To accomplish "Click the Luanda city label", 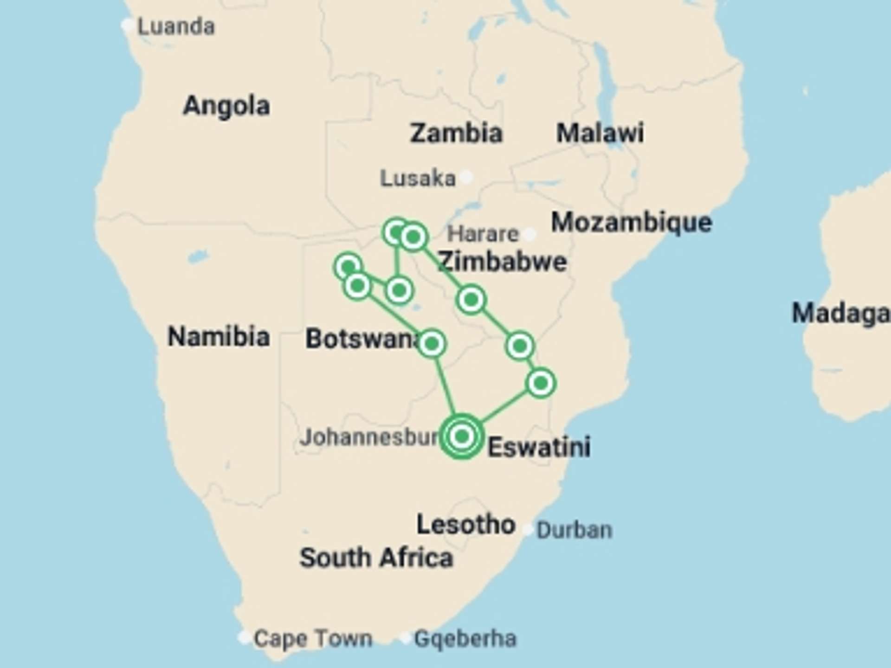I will (176, 26).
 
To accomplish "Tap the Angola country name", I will (226, 106).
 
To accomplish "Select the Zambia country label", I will (456, 133).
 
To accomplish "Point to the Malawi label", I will (600, 133).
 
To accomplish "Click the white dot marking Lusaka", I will (467, 177).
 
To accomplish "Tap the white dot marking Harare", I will (529, 234).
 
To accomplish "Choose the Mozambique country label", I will (631, 222).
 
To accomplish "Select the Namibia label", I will (219, 336).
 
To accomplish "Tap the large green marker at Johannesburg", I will (461, 436).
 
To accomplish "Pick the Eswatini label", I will (539, 447).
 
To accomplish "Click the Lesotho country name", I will (465, 525).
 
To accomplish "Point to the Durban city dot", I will (528, 529).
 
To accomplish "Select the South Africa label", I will (376, 558).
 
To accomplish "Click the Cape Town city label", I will (312, 639).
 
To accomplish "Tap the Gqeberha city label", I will (465, 639).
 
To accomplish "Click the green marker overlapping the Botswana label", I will (432, 344).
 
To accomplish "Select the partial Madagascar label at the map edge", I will (840, 313).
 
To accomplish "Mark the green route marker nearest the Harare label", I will (413, 237).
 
